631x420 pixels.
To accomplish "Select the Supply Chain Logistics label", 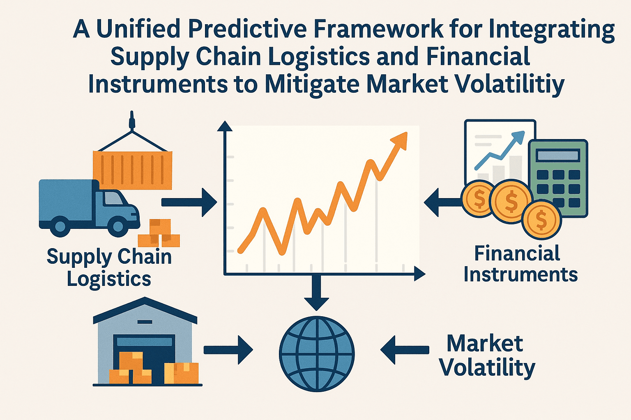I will pyautogui.click(x=109, y=267).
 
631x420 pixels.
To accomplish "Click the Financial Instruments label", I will pyautogui.click(x=520, y=264).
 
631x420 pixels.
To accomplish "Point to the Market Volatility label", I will pyautogui.click(x=486, y=355).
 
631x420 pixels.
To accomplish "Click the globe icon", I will pyautogui.click(x=317, y=354).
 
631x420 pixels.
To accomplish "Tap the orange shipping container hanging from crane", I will pyautogui.click(x=132, y=169).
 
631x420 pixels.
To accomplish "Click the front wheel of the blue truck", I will pyautogui.click(x=118, y=226).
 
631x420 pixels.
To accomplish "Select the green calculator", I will pyautogui.click(x=558, y=178).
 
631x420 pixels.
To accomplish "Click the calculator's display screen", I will pyautogui.click(x=558, y=155).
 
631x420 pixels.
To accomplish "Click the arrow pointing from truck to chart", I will pyautogui.click(x=189, y=202).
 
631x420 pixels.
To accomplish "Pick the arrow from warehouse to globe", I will pyautogui.click(x=228, y=349).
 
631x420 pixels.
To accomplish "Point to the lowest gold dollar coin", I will pyautogui.click(x=541, y=220).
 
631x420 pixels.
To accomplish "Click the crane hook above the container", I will pyautogui.click(x=132, y=121).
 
